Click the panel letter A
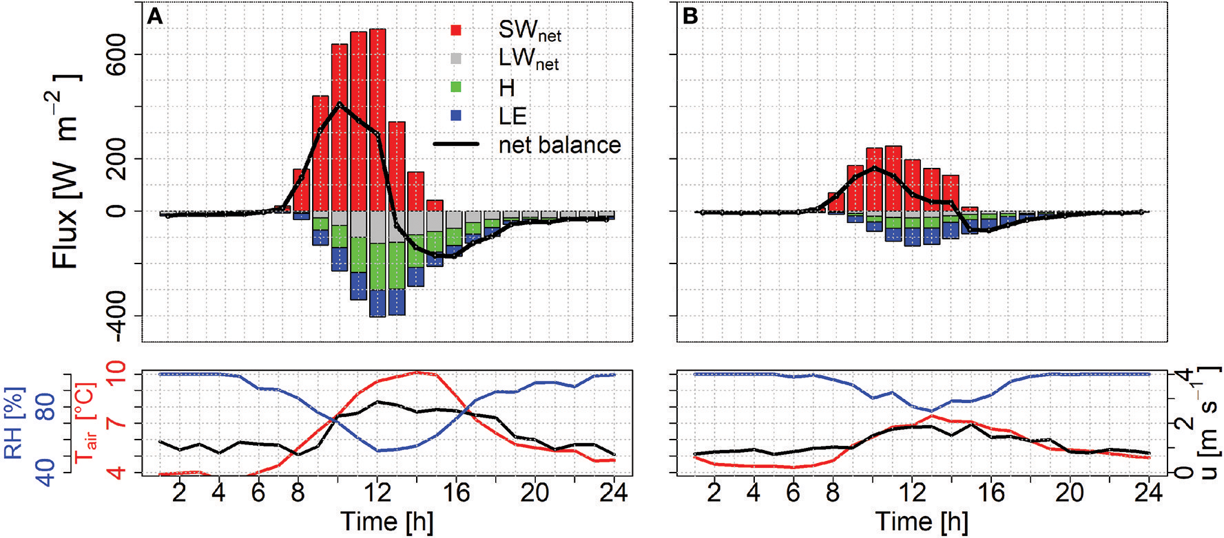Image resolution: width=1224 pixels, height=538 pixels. click(155, 17)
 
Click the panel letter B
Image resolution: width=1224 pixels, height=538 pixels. click(689, 17)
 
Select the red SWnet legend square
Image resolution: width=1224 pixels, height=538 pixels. click(456, 30)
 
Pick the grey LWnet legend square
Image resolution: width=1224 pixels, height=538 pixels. click(456, 59)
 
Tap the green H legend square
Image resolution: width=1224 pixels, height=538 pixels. click(456, 87)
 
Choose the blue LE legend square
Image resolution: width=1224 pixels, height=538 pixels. click(456, 116)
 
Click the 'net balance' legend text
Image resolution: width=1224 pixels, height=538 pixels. click(559, 145)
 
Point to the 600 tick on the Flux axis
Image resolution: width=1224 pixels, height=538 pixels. click(116, 54)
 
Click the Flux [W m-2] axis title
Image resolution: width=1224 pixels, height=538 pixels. click(66, 172)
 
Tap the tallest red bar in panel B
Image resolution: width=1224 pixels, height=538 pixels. click(893, 178)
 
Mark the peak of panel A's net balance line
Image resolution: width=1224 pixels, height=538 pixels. click(339, 103)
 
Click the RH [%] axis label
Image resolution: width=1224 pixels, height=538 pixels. click(14, 422)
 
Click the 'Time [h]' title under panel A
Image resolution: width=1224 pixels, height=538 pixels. click(386, 521)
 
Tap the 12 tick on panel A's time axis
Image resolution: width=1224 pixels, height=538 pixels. click(377, 493)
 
